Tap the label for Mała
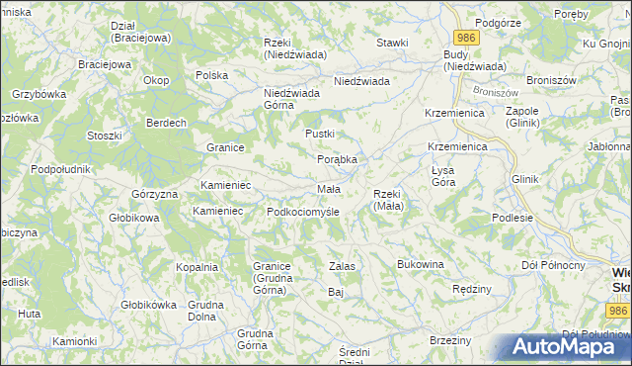(x=329, y=189)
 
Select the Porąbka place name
(x=337, y=159)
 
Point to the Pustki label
(x=320, y=134)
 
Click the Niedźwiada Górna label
(x=292, y=100)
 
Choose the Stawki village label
(x=392, y=44)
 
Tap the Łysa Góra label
(x=443, y=176)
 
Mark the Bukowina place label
(x=421, y=265)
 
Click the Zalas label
(x=342, y=267)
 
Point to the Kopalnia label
(x=197, y=267)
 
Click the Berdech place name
(x=166, y=123)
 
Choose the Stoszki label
(x=104, y=136)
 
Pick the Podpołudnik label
(x=61, y=169)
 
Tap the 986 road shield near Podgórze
(x=468, y=37)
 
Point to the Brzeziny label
(x=450, y=340)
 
